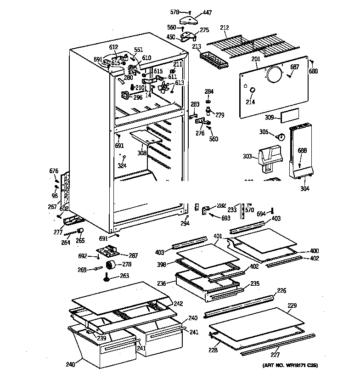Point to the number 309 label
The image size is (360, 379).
[x=270, y=118]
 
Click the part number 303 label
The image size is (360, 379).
[x=247, y=157]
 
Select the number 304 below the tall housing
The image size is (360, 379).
[x=304, y=188]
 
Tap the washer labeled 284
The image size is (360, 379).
[x=208, y=101]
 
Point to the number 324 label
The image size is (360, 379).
[x=122, y=165]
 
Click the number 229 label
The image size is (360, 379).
[x=292, y=305]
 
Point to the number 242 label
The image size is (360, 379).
[x=178, y=304]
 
